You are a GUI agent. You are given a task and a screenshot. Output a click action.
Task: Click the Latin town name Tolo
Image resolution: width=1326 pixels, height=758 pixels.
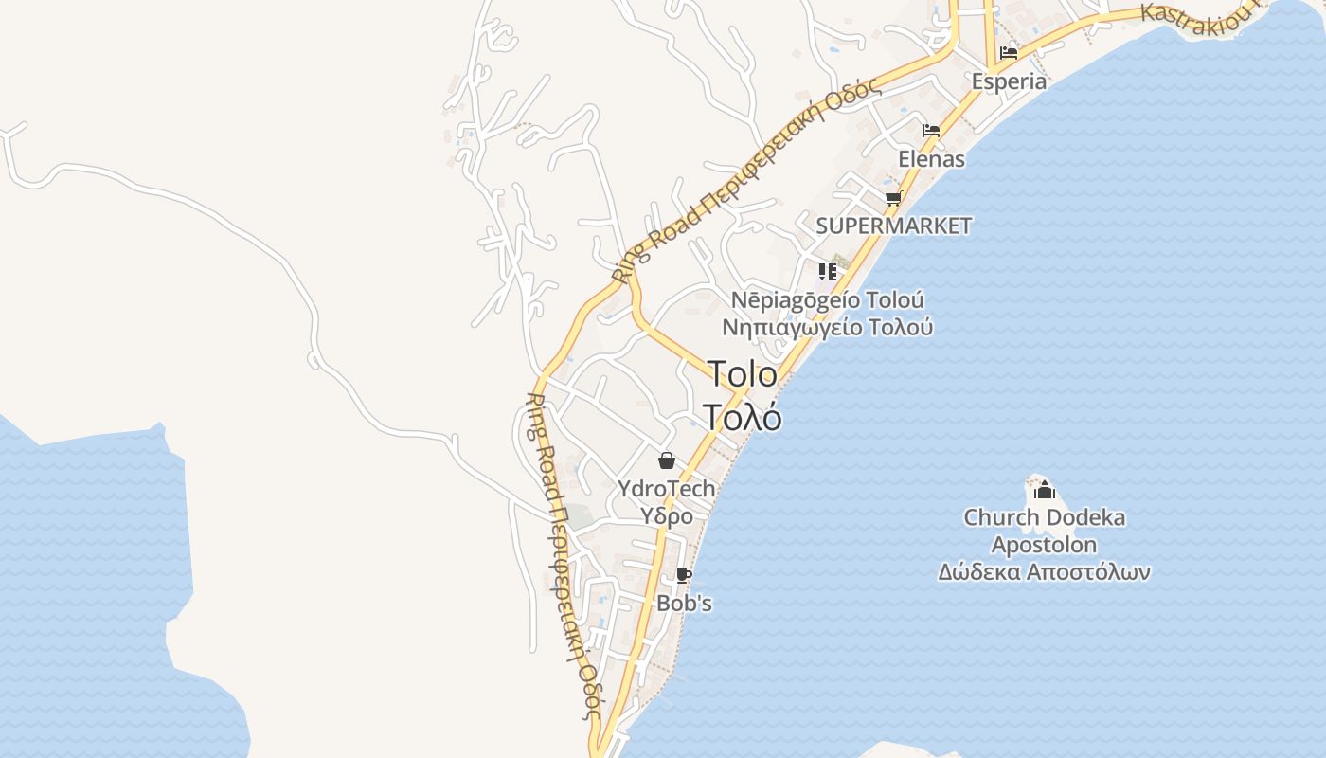743,374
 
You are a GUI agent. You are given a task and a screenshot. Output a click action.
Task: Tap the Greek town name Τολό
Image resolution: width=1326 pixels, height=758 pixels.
743,417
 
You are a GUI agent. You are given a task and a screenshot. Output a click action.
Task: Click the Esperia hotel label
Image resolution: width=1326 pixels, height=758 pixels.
1009,81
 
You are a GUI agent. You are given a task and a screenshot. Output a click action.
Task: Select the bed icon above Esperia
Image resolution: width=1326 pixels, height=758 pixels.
1009,53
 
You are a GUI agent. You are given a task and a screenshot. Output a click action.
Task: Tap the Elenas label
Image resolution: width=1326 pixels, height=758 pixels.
932,159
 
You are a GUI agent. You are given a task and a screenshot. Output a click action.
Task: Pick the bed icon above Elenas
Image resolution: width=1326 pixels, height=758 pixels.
931,131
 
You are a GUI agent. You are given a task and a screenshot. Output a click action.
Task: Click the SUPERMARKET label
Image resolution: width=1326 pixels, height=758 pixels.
894,226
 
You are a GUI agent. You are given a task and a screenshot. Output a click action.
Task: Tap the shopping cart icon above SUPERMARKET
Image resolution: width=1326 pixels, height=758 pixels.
893,198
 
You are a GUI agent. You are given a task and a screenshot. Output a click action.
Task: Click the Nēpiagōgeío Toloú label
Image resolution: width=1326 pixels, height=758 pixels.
827,300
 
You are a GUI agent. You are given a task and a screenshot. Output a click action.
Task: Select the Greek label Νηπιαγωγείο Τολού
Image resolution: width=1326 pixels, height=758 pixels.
827,328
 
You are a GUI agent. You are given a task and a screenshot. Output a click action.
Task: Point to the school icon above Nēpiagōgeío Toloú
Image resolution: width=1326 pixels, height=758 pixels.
828,272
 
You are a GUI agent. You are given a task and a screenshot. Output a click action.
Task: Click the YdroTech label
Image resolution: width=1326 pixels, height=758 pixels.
666,489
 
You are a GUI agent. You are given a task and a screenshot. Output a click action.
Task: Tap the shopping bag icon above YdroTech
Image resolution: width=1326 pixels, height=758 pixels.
667,461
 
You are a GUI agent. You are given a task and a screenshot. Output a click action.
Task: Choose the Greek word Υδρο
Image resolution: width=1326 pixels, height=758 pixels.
667,516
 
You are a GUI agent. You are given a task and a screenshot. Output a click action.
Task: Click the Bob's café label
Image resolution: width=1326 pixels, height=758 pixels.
684,604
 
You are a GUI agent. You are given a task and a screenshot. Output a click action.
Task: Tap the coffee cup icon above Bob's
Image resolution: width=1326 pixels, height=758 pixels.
684,575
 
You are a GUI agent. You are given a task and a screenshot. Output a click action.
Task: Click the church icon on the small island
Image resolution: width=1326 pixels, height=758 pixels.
1045,490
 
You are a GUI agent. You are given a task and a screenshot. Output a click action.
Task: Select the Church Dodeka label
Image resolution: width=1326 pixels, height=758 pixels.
1045,518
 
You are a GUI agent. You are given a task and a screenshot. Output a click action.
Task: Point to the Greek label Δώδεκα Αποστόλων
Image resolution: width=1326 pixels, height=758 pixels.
1045,572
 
